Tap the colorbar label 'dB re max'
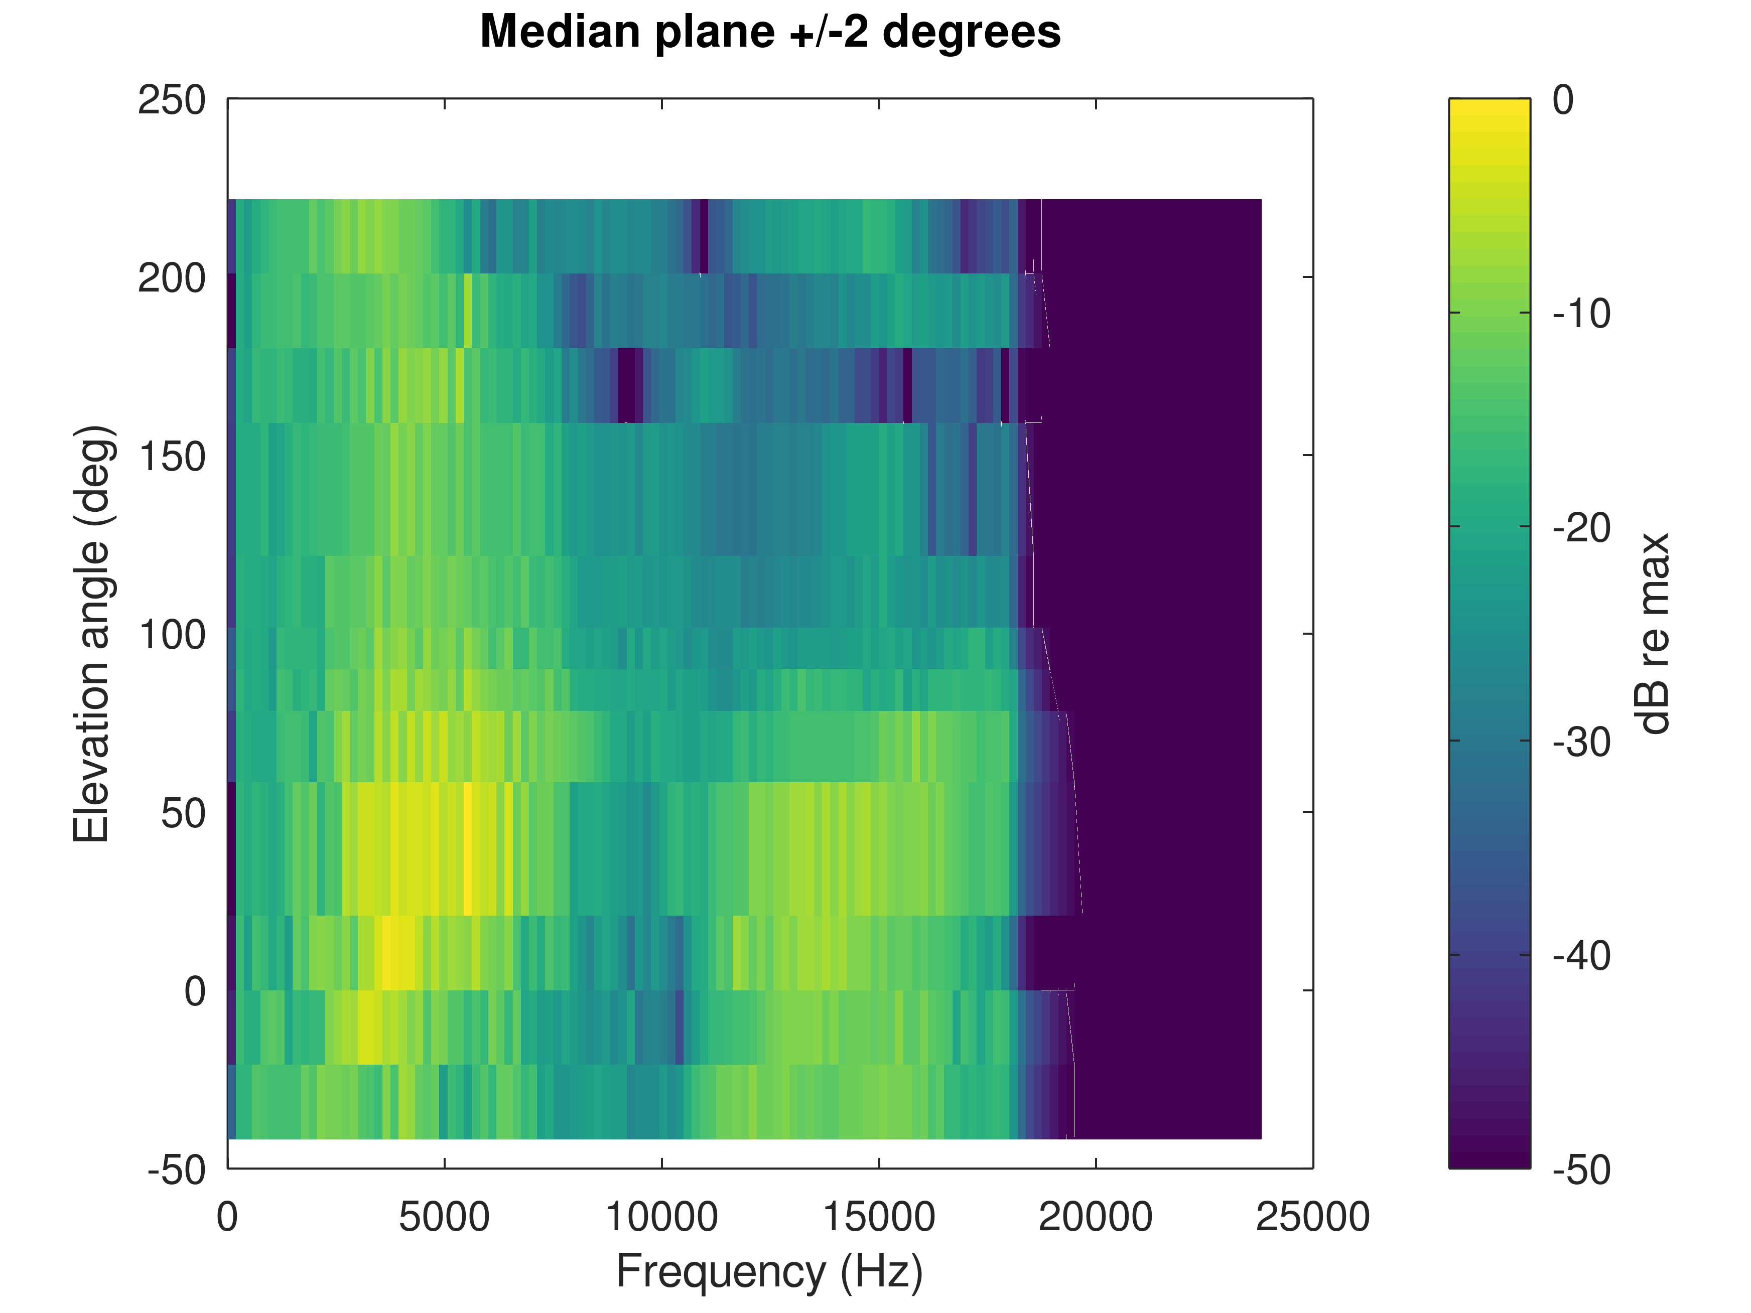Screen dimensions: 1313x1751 click(1653, 633)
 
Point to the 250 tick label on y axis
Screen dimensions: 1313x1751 click(172, 100)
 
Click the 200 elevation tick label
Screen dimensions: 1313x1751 click(172, 278)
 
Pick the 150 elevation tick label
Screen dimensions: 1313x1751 click(172, 457)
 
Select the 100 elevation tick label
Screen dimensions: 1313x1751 click(172, 635)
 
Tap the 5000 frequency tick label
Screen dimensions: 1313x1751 click(444, 1217)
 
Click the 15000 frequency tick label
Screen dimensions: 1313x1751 click(879, 1217)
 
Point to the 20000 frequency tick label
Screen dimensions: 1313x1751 click(1096, 1217)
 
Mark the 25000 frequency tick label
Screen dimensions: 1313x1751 click(1312, 1217)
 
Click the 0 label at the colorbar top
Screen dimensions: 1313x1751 click(1563, 100)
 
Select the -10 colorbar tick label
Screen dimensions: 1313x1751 click(1581, 314)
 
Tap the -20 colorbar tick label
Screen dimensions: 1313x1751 click(1581, 528)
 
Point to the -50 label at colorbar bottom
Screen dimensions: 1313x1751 click(1581, 1170)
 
